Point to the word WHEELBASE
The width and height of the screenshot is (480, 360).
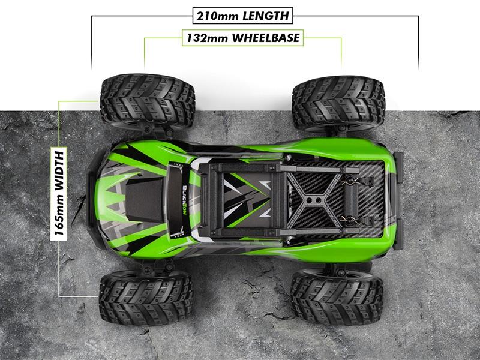265,38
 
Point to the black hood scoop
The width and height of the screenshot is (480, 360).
143,199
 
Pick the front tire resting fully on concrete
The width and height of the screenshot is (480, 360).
145,297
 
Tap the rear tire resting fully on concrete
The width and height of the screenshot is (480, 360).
336,297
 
